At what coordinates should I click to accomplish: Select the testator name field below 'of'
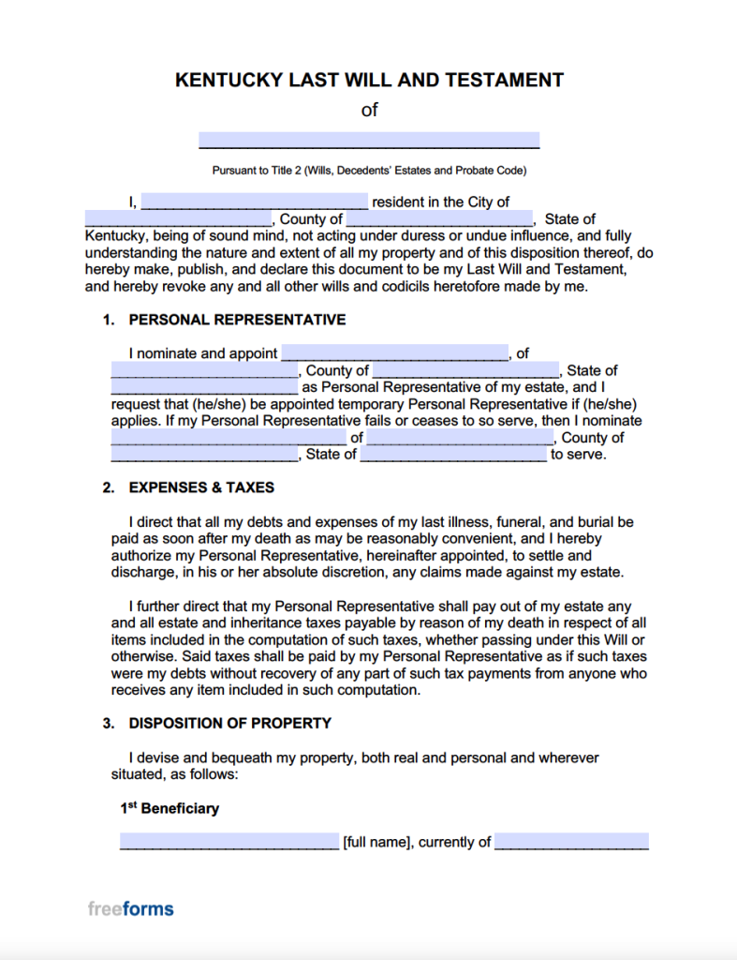(369, 141)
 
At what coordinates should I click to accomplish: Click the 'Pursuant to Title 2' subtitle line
(369, 171)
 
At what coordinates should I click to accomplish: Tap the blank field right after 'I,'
(254, 202)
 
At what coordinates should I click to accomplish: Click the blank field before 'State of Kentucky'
(439, 219)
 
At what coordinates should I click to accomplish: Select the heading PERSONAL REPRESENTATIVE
(237, 320)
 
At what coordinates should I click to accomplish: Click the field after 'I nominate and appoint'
(394, 353)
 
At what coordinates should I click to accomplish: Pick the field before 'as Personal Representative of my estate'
(204, 387)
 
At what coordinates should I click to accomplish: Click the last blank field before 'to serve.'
(453, 455)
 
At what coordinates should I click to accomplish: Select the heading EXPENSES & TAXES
(201, 487)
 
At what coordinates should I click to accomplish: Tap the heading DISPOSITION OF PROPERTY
(230, 723)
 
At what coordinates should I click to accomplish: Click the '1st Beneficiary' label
(170, 808)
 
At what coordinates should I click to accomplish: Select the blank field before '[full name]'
(229, 842)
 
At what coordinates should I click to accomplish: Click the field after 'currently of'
(571, 842)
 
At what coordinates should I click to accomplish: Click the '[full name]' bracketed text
(376, 842)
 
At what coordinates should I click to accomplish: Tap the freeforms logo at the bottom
(131, 908)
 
